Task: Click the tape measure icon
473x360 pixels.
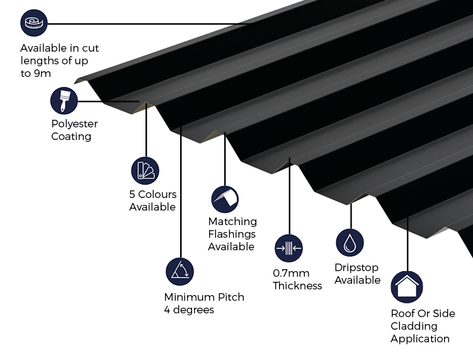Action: [x=33, y=24]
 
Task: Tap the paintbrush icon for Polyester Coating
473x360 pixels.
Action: [x=64, y=101]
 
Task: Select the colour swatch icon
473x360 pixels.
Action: [x=145, y=170]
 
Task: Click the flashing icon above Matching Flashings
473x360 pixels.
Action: [x=225, y=199]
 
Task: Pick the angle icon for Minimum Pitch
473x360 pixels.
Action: [x=180, y=271]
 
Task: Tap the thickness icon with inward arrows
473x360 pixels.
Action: [x=289, y=248]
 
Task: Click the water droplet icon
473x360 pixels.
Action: [x=350, y=243]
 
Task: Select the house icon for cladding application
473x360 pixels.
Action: [x=407, y=287]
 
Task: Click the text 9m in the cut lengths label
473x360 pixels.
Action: [x=42, y=73]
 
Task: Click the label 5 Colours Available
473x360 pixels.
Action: [x=153, y=200]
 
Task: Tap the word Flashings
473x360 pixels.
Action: [x=232, y=234]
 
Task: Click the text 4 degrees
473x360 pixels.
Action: [x=189, y=310]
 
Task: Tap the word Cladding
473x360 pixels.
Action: [x=413, y=326]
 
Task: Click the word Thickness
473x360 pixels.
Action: [x=297, y=286]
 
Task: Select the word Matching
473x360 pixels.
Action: [x=232, y=221]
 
